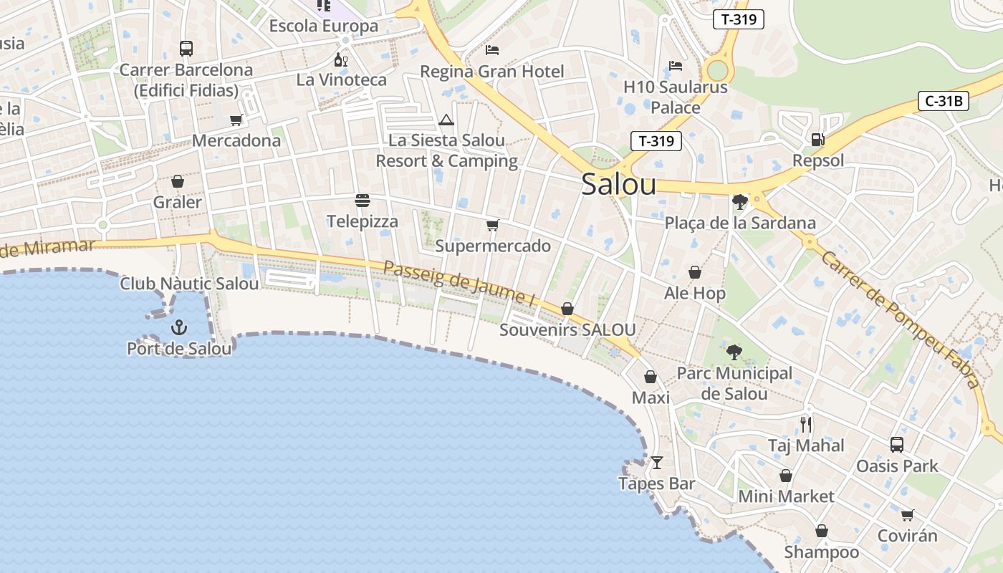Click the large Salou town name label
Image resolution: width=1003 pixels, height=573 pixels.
618,184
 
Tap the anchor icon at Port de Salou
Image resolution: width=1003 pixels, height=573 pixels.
178,328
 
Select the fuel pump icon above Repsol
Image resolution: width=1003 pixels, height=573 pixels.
817,139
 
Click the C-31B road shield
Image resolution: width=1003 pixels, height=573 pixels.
943,101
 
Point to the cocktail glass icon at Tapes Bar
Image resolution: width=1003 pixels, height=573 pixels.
656,463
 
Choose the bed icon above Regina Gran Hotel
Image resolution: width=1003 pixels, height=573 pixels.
492,49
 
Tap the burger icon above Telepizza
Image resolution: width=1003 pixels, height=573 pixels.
363,201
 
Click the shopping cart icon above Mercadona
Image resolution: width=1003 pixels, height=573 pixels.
236,120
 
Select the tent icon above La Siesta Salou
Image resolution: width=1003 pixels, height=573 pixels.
446,120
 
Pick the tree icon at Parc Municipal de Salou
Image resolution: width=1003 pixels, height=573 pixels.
734,352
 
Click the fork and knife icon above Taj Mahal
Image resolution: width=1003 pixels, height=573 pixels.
806,425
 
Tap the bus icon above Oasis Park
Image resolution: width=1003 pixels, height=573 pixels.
897,445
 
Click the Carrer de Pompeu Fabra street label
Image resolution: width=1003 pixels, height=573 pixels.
901,319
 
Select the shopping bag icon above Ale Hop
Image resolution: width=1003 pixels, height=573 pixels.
694,272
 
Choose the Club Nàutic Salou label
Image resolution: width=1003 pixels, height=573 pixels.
189,284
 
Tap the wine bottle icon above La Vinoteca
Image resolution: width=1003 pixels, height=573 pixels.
341,59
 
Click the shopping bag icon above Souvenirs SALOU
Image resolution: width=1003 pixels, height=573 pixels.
567,309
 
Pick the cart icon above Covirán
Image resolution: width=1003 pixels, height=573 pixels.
907,515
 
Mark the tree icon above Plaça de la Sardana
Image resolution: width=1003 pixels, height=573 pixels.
740,202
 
